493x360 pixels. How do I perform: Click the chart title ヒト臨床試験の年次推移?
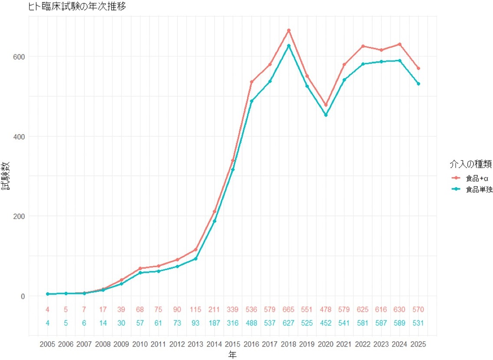point(77,7)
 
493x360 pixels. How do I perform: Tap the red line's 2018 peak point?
point(288,30)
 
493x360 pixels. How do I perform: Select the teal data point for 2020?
point(325,115)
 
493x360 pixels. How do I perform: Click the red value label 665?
point(288,310)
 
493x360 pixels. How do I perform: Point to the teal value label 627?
point(288,323)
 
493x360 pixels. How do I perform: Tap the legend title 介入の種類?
point(470,164)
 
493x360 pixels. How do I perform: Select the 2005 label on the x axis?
point(47,343)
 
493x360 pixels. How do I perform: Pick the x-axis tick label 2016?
point(251,343)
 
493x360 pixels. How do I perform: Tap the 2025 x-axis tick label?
point(418,343)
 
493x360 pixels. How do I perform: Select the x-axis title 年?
point(233,355)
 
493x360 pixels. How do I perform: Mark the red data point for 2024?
point(399,44)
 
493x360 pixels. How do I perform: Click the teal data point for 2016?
point(251,101)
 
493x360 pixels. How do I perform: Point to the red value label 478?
point(325,310)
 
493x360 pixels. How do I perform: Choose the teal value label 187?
point(214,323)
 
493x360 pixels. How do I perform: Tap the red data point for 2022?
point(362,46)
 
